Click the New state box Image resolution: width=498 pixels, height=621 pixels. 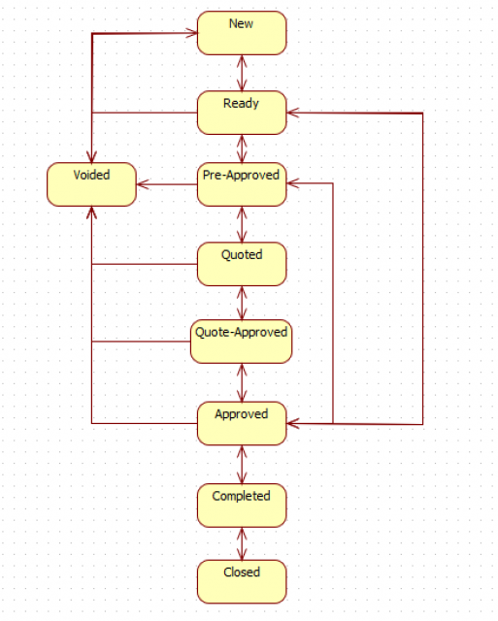(x=242, y=33)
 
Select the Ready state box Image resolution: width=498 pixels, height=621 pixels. (x=242, y=113)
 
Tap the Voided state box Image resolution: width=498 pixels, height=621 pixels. (x=91, y=184)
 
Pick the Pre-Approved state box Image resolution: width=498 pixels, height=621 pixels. (x=242, y=184)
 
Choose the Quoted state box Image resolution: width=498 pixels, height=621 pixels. (x=242, y=264)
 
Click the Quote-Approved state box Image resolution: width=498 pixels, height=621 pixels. (x=242, y=342)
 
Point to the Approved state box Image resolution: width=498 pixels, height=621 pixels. (x=242, y=423)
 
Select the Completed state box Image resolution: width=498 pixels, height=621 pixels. (x=242, y=506)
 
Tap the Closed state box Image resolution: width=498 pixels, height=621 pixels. (x=242, y=582)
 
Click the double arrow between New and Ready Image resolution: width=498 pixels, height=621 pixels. (x=242, y=74)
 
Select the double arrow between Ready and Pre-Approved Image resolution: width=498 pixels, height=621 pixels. (x=242, y=148)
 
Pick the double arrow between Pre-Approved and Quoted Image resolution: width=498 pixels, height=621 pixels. (x=242, y=224)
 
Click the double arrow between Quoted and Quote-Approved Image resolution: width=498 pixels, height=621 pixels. (x=242, y=303)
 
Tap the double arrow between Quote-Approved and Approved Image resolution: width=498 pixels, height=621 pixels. (x=242, y=382)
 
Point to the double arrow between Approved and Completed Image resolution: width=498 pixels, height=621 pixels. (x=242, y=465)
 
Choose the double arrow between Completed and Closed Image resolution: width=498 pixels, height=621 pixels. (x=242, y=543)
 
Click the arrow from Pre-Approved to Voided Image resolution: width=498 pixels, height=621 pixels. (x=167, y=184)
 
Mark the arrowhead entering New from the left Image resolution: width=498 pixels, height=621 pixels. (x=192, y=33)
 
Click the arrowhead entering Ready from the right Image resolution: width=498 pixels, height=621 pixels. (x=292, y=113)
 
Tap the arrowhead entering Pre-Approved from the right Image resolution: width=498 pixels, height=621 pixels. (x=292, y=183)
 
